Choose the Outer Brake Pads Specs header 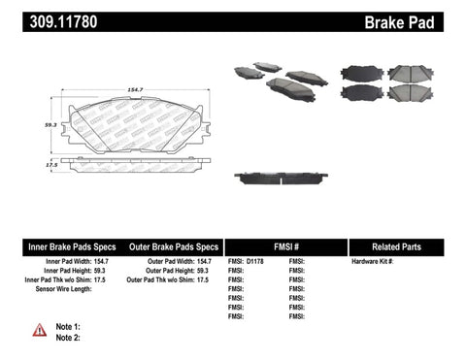[170, 246]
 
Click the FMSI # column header [285, 246]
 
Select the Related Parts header [405, 246]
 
